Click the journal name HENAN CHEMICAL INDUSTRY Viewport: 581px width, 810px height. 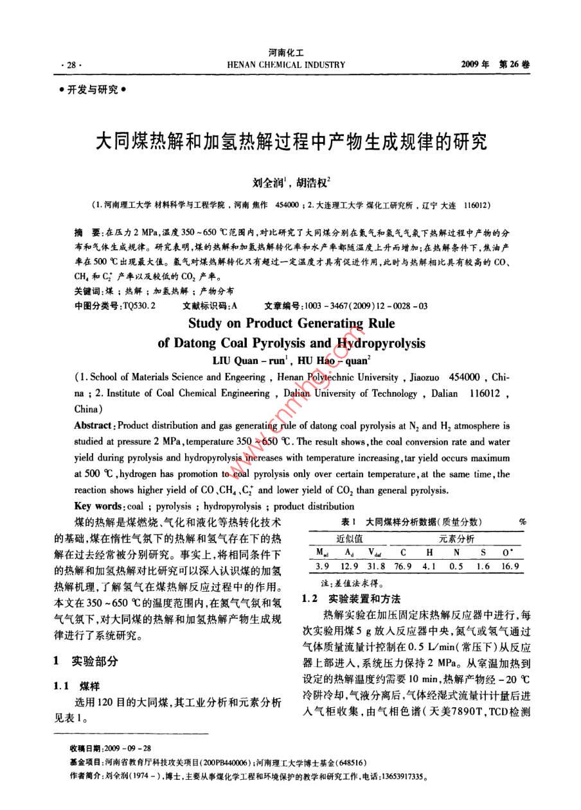pyautogui.click(x=287, y=65)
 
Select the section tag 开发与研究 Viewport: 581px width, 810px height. pyautogui.click(x=93, y=90)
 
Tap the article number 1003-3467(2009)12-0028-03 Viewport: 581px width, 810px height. pyautogui.click(x=365, y=306)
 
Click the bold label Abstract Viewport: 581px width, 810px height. pyautogui.click(x=94, y=426)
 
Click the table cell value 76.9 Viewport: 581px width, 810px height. pyautogui.click(x=403, y=566)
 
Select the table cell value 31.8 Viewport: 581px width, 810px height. pyautogui.click(x=374, y=566)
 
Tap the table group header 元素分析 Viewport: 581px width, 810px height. pyautogui.click(x=456, y=538)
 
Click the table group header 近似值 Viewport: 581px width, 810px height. pyautogui.click(x=350, y=538)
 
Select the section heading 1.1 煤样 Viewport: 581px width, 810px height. pyautogui.click(x=77, y=685)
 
